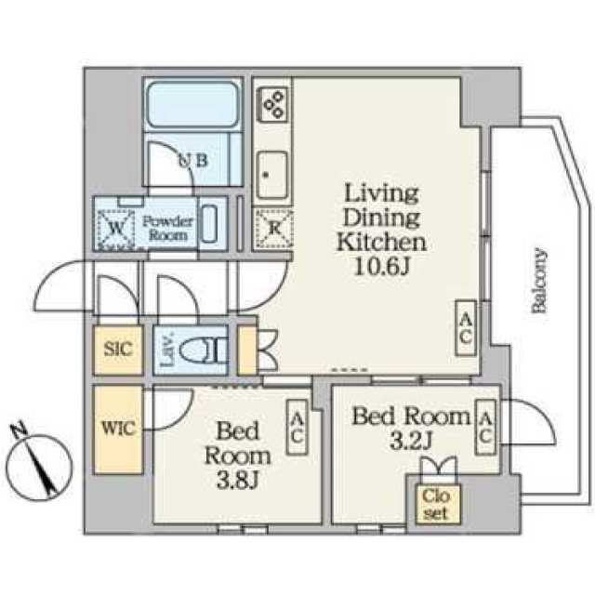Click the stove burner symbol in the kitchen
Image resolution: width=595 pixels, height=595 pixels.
coord(272,103)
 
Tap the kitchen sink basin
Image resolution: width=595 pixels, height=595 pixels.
coord(271,176)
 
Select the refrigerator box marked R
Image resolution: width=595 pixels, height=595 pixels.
coord(273,229)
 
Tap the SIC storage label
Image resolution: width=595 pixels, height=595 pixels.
coord(118,350)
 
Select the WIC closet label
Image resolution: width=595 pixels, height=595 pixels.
coord(118,429)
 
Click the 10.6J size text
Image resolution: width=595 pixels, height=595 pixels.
coord(382,266)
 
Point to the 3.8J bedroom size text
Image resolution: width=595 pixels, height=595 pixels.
coord(238,480)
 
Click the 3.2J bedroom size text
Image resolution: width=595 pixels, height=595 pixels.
coord(411,440)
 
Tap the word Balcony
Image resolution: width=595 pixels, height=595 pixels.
coord(539,281)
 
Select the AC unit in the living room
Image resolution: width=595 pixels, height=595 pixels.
coord(466,328)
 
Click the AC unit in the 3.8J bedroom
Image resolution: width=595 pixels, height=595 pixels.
coord(297,428)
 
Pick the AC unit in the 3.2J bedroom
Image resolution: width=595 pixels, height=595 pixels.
coord(485,428)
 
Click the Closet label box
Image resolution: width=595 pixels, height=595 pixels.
coord(438,504)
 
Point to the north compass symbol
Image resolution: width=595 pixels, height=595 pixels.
coord(39,463)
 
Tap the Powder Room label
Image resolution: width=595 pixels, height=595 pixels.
coord(167,229)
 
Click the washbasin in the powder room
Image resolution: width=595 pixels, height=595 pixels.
coord(208,224)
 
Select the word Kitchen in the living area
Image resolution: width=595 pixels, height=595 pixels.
coord(381,242)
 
